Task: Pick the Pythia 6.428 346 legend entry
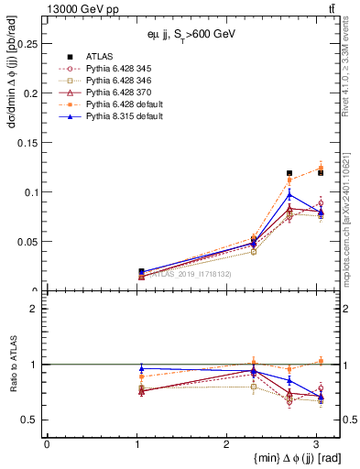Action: tap(114, 80)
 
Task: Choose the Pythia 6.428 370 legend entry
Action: tap(114, 92)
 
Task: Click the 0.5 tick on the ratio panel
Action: tap(33, 420)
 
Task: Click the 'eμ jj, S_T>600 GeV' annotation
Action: tap(191, 34)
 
